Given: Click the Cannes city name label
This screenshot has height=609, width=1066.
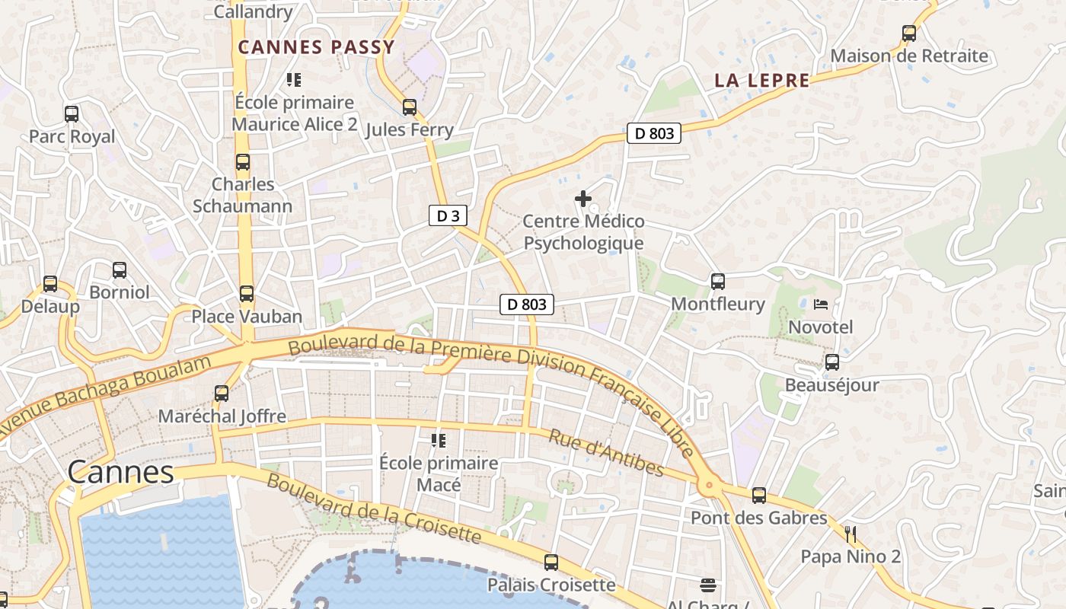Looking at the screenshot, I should (x=120, y=472).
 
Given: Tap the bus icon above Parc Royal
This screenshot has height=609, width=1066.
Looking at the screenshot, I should (x=72, y=114).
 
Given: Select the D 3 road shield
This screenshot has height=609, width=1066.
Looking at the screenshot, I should (x=447, y=215).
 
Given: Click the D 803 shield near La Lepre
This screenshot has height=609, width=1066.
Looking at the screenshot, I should (x=654, y=133).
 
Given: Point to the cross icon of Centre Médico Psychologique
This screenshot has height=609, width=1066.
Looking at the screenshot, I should (x=583, y=199).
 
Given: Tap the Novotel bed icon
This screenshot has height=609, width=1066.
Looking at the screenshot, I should (x=820, y=304).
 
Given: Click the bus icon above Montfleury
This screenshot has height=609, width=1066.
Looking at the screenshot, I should (x=717, y=282).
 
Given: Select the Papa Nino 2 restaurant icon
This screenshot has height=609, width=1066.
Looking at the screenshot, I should (x=851, y=534).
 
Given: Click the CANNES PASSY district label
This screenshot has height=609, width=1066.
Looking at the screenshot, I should (x=316, y=47).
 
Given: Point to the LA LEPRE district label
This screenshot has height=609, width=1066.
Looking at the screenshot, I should (x=761, y=80).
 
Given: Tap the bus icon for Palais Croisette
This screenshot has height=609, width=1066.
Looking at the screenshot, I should (x=551, y=563).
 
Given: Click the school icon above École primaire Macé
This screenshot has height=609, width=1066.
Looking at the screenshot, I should (x=439, y=440).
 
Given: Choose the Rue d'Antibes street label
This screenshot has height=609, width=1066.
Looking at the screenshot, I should (x=606, y=453).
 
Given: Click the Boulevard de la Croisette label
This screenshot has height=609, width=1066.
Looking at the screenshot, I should (x=373, y=509).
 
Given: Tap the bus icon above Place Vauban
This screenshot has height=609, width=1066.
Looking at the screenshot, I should (x=246, y=294).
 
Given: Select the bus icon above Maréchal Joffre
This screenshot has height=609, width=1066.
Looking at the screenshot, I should (x=222, y=394).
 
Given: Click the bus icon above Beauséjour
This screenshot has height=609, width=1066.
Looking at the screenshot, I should (x=831, y=362).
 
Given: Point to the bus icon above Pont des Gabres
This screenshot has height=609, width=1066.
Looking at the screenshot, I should (x=758, y=496).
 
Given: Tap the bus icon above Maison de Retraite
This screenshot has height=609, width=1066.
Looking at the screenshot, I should (x=908, y=33).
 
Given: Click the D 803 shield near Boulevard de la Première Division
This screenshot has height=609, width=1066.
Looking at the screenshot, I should (x=526, y=304).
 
